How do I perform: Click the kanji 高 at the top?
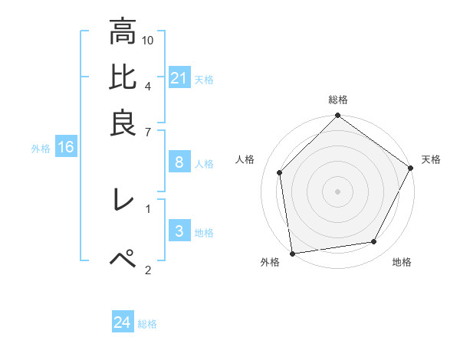point(123,32)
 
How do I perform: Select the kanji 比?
point(123,77)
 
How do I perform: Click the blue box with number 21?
point(179,77)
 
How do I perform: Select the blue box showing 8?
point(179,162)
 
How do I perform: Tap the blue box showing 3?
point(179,231)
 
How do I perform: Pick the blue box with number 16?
point(66,148)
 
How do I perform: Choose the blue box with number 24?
point(123,322)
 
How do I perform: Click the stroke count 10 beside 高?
point(149,39)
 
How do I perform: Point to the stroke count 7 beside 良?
point(148,133)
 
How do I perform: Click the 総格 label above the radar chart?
point(338,100)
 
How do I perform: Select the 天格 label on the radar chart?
point(431,159)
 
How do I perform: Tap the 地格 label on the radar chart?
point(402,262)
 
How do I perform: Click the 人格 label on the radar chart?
point(245,159)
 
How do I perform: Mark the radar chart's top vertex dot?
point(338,116)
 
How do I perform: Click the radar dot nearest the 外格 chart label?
point(292,253)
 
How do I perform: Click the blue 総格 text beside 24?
point(147,324)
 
